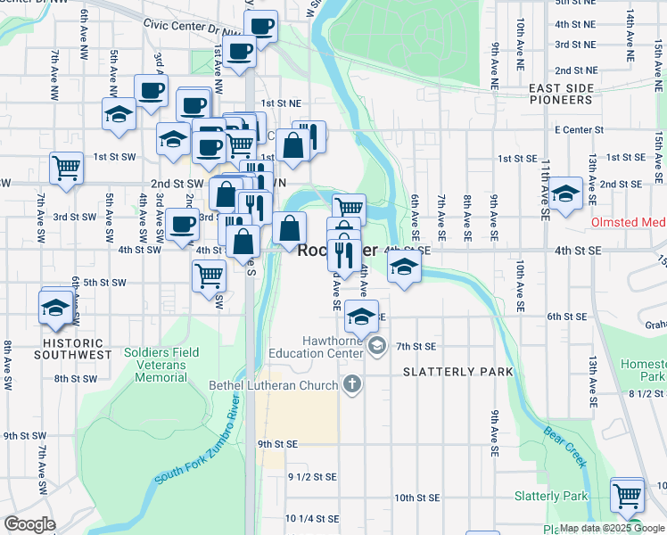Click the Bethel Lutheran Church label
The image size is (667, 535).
[272, 385]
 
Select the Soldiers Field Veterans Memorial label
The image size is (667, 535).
[161, 364]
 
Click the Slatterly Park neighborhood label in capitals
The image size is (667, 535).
[458, 371]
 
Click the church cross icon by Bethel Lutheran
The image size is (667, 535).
[352, 385]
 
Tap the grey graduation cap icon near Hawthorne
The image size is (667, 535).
[377, 346]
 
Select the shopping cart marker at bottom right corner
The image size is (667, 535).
[628, 493]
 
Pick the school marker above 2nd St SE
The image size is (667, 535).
[564, 193]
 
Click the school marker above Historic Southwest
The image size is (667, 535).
[55, 308]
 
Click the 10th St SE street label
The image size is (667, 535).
[417, 498]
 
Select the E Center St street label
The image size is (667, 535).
[580, 130]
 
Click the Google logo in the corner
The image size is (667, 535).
[30, 523]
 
